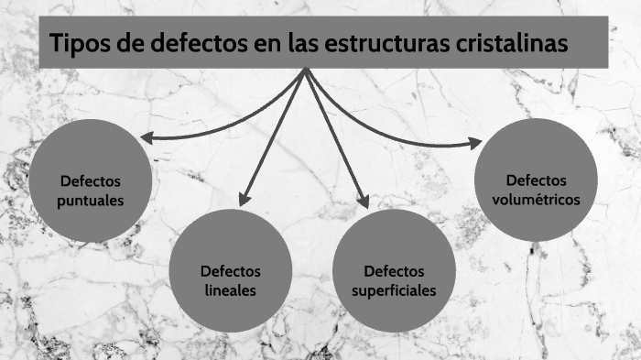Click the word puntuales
coord(90,200)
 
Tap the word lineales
coord(230,290)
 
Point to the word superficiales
coord(394,290)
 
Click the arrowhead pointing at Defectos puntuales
coord(147,138)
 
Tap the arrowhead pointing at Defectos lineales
coord(243,200)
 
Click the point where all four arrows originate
coord(305,70)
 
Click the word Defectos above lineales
coord(231,272)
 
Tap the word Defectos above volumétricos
coord(537,180)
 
